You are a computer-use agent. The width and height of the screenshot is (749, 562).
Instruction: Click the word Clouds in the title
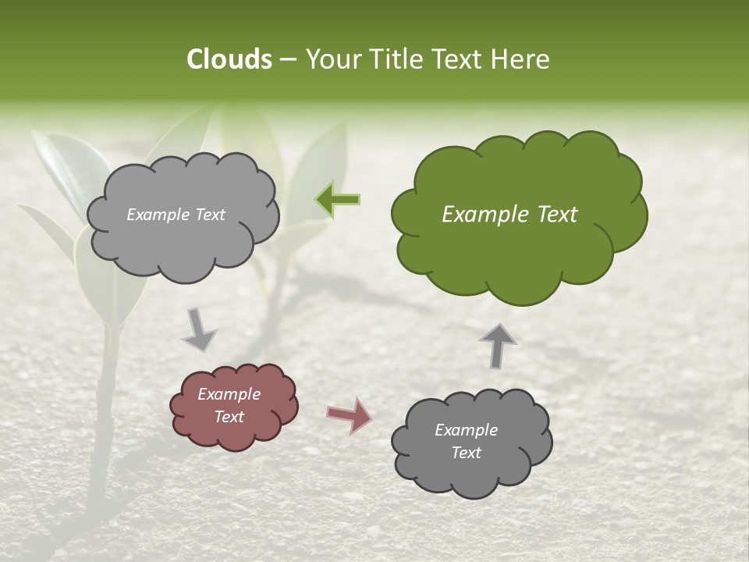(x=229, y=59)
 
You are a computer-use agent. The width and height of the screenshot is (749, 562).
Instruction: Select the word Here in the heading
(x=521, y=59)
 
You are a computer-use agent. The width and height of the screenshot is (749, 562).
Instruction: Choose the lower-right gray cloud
(x=472, y=476)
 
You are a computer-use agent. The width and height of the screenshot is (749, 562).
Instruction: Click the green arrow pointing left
(x=338, y=200)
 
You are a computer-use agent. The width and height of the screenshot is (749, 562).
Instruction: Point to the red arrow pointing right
(x=349, y=415)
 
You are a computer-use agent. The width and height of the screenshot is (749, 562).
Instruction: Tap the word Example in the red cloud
(x=229, y=394)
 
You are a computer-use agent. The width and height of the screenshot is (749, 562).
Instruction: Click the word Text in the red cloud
(x=229, y=417)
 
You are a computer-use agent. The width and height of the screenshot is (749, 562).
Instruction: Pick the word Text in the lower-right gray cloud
(x=466, y=453)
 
